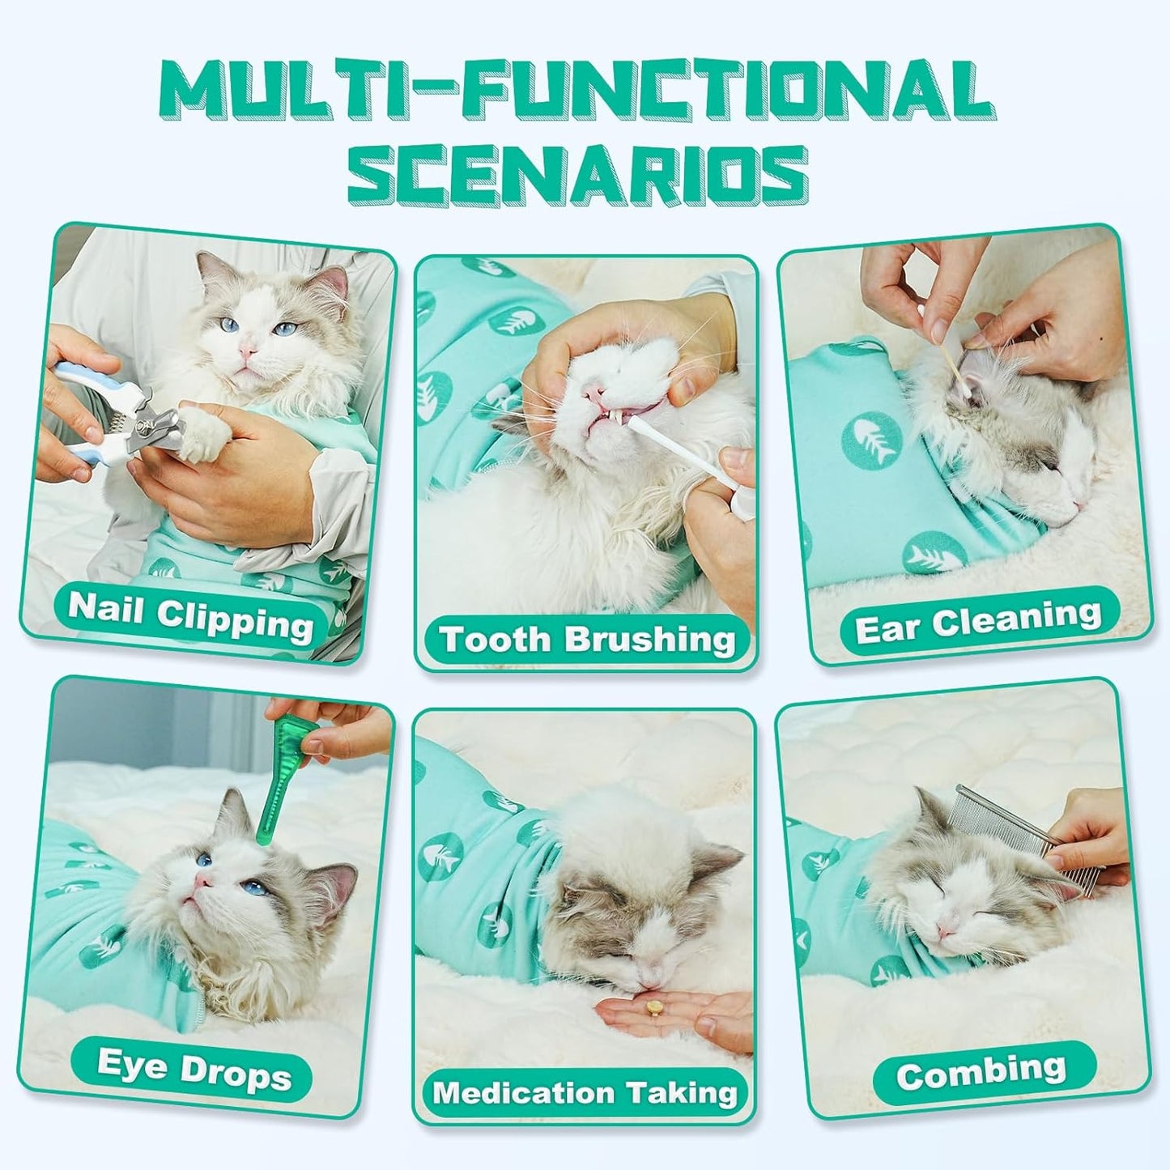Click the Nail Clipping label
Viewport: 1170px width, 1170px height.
[191, 616]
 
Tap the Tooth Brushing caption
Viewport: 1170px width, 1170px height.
[587, 640]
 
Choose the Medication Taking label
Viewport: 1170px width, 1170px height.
[585, 1092]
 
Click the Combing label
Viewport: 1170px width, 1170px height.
[981, 1073]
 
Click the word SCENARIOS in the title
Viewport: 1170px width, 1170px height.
[578, 175]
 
